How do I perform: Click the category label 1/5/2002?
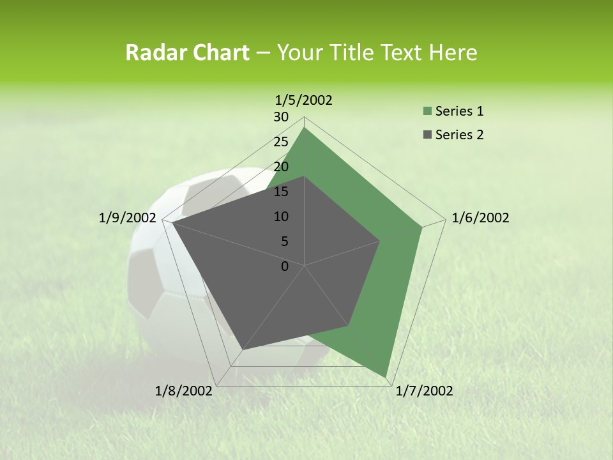(x=303, y=100)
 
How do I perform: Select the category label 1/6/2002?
(x=480, y=218)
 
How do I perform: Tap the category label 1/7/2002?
(x=424, y=391)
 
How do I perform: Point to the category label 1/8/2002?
(x=183, y=391)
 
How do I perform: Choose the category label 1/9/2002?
(x=127, y=218)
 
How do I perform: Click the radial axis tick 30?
(x=280, y=117)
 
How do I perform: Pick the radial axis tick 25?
(x=280, y=142)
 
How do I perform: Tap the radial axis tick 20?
(x=280, y=167)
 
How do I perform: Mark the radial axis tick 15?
(x=280, y=192)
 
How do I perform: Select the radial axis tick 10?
(x=280, y=217)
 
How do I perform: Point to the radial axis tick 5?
(x=284, y=241)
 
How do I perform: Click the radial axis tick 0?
(x=285, y=266)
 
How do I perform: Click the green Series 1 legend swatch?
(x=426, y=112)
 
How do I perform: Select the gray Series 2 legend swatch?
(x=426, y=135)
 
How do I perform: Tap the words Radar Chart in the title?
(x=186, y=52)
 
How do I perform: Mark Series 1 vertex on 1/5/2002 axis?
(x=305, y=128)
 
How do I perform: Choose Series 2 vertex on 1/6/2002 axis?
(x=380, y=241)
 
